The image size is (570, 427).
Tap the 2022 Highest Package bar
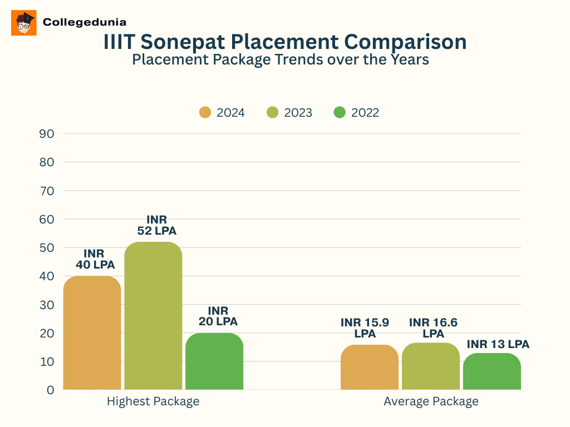tap(214, 361)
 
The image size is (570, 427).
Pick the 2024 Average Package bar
tap(369, 367)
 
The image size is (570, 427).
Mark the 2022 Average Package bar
tap(492, 371)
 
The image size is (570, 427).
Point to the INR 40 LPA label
tap(95, 259)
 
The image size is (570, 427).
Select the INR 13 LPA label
tap(498, 344)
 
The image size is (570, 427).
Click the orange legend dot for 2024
tap(205, 112)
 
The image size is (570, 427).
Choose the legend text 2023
tap(298, 113)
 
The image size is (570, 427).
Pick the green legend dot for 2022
tap(340, 112)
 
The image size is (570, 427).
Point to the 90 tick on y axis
tap(47, 133)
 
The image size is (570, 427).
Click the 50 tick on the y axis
tap(47, 247)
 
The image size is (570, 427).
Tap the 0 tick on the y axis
tap(50, 390)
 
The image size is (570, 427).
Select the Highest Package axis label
tap(153, 401)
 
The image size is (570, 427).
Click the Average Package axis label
tap(431, 401)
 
